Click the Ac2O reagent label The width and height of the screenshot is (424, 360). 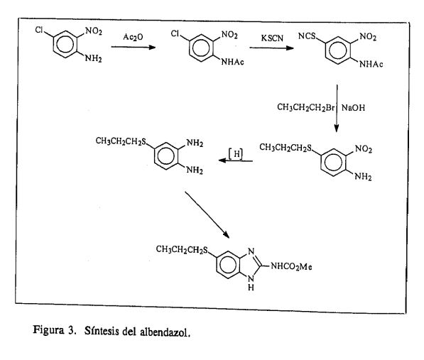pyautogui.click(x=133, y=37)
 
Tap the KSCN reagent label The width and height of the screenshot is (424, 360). pyautogui.click(x=272, y=38)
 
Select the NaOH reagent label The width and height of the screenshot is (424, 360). pyautogui.click(x=353, y=108)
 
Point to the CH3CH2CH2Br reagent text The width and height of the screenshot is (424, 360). pyautogui.click(x=306, y=107)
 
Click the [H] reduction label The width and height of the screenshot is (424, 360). pyautogui.click(x=236, y=154)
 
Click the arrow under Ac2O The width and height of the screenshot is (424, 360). pyautogui.click(x=134, y=48)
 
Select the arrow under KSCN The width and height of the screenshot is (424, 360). pyautogui.click(x=271, y=48)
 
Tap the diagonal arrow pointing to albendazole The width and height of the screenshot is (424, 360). pyautogui.click(x=207, y=215)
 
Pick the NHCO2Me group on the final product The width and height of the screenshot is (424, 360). pyautogui.click(x=291, y=267)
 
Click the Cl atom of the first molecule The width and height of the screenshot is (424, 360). pyautogui.click(x=39, y=30)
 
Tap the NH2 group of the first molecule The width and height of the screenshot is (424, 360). pyautogui.click(x=94, y=58)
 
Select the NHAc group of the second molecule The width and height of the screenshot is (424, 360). pyautogui.click(x=232, y=62)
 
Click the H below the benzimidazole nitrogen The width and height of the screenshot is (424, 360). pyautogui.click(x=251, y=288)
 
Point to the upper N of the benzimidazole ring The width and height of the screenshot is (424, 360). pyautogui.click(x=251, y=251)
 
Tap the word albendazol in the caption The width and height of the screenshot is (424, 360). pyautogui.click(x=165, y=332)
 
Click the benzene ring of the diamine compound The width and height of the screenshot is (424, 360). pyautogui.click(x=166, y=156)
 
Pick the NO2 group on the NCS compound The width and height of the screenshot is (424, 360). pyautogui.click(x=368, y=36)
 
